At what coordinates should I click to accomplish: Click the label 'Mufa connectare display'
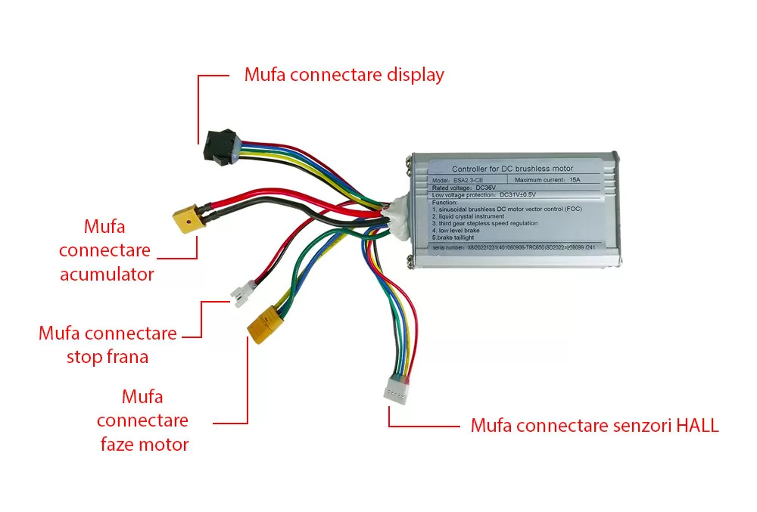pyautogui.click(x=344, y=76)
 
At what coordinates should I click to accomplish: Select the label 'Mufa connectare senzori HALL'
pyautogui.click(x=594, y=426)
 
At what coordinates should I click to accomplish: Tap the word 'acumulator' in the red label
pyautogui.click(x=106, y=274)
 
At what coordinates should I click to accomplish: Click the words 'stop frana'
pyautogui.click(x=107, y=357)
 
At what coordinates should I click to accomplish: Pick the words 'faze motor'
pyautogui.click(x=144, y=443)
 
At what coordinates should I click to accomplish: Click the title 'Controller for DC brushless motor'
pyautogui.click(x=512, y=168)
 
